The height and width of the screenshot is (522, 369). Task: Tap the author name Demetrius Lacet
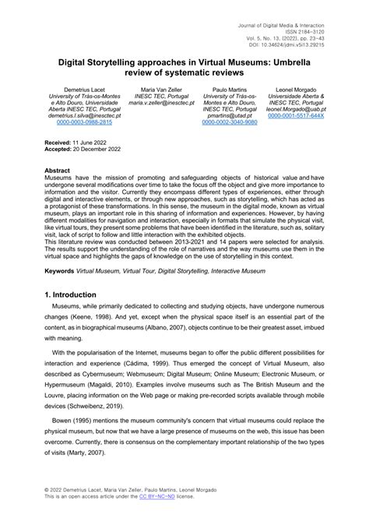click(x=77, y=91)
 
